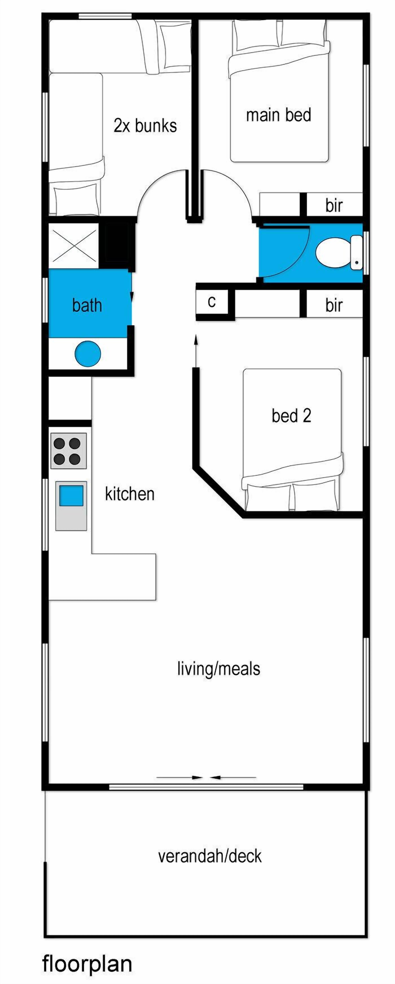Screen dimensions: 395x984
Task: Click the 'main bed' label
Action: click(279, 115)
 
